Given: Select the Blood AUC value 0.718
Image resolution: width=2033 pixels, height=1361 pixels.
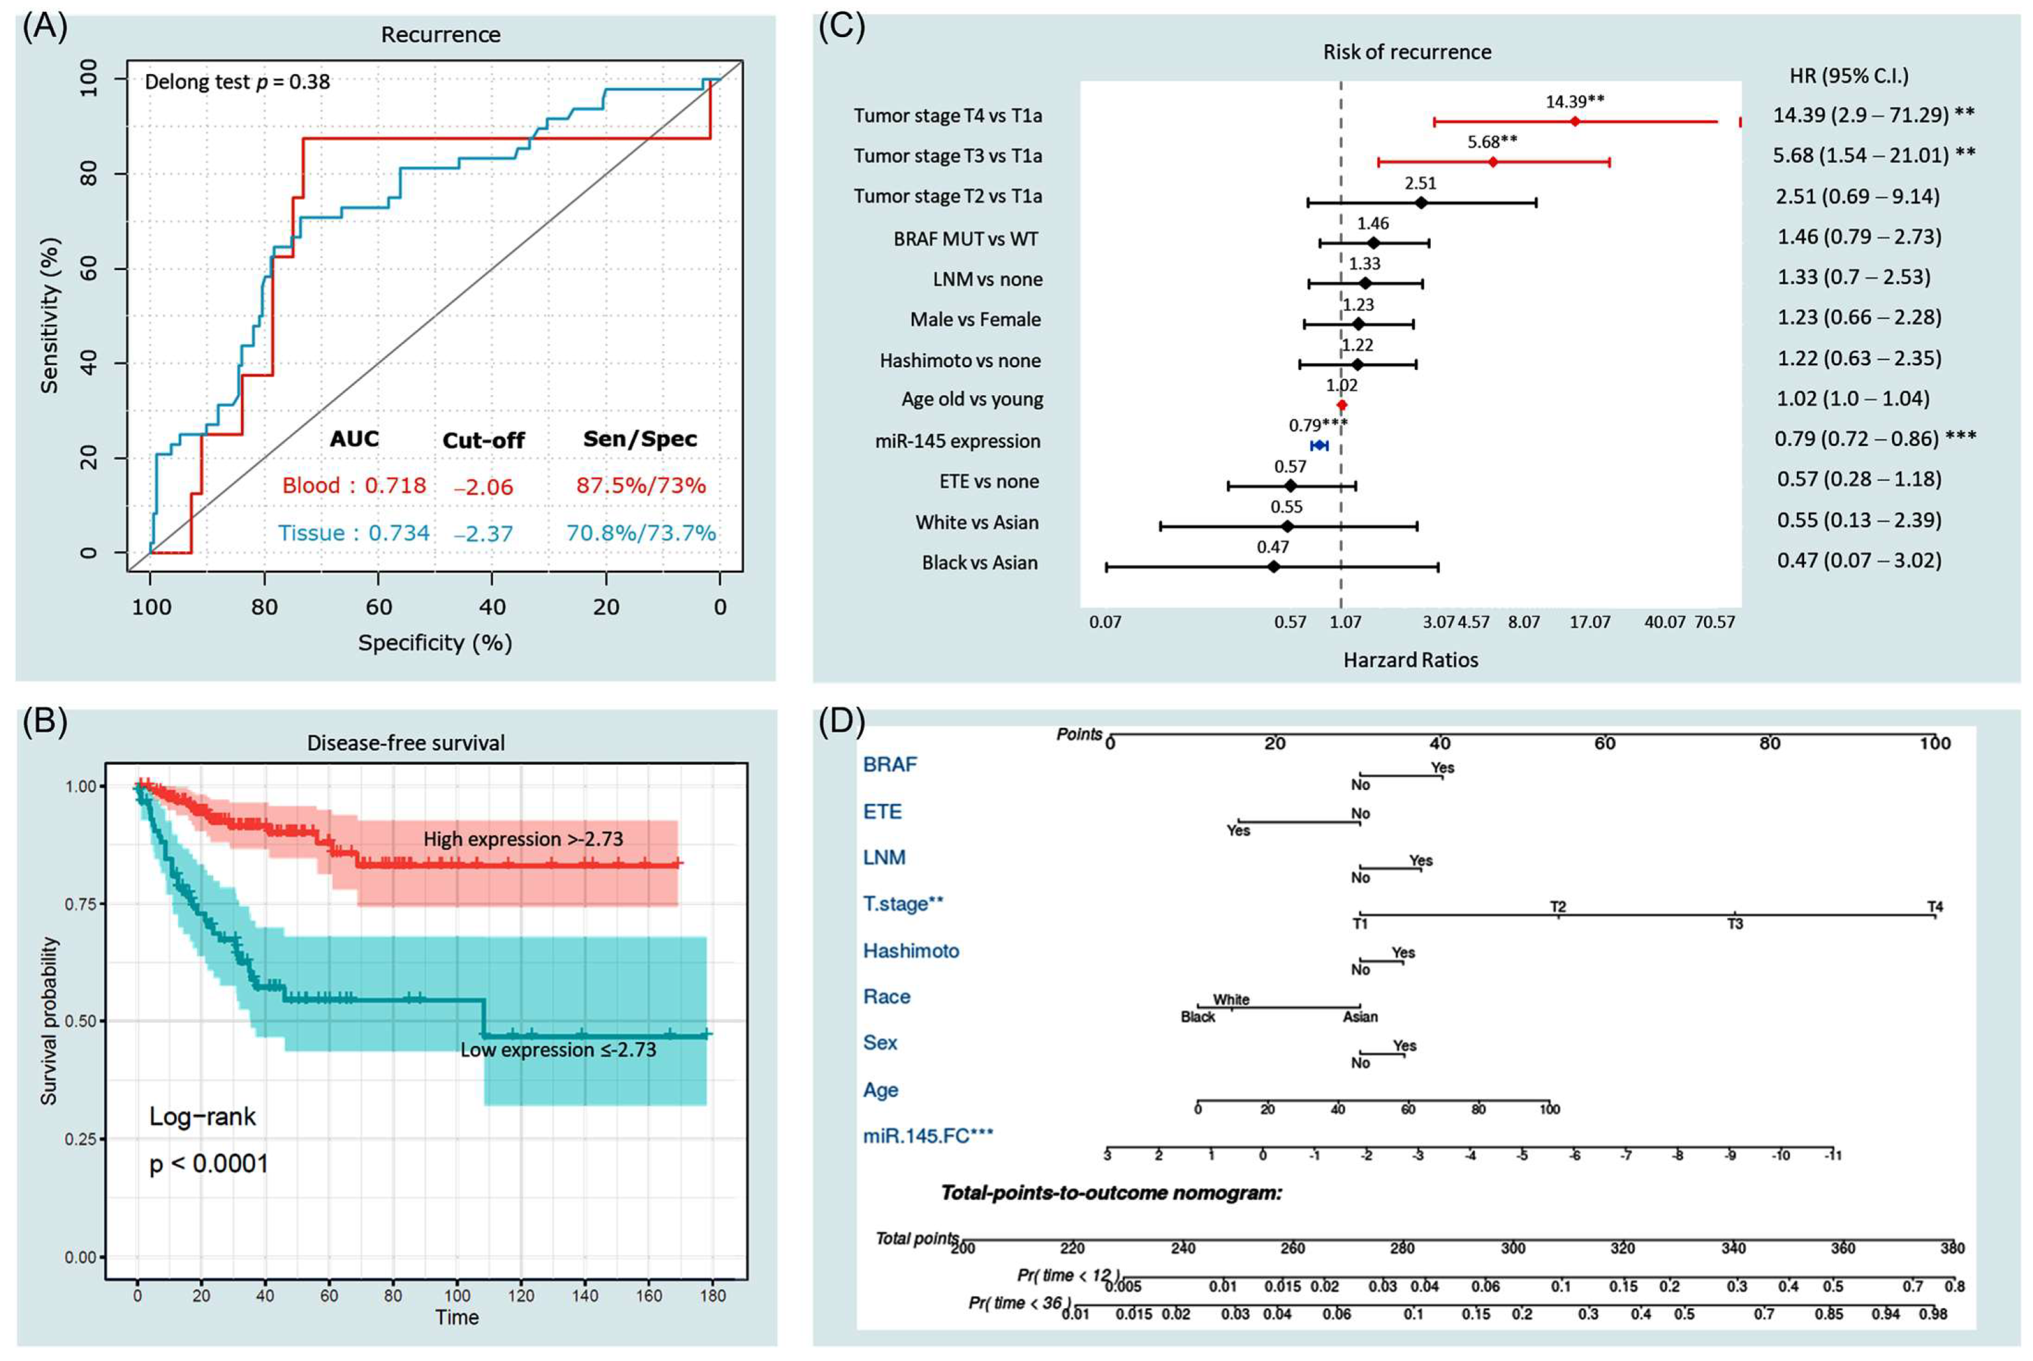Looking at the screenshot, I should point(395,485).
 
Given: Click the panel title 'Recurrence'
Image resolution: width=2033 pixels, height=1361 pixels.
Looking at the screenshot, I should point(440,34).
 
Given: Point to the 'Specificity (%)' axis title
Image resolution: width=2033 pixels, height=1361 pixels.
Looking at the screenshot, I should point(435,642).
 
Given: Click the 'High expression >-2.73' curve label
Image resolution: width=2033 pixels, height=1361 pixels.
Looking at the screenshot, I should point(523,838).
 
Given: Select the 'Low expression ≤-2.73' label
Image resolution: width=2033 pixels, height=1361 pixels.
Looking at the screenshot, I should point(558,1049).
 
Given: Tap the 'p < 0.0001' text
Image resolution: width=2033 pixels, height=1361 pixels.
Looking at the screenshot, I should point(208,1163).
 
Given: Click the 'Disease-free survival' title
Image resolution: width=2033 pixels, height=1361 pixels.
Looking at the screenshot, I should point(406,743).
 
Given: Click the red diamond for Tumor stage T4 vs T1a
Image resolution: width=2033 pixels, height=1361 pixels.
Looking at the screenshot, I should point(1574,122).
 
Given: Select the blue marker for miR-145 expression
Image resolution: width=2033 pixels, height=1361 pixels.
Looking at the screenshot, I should point(1318,445).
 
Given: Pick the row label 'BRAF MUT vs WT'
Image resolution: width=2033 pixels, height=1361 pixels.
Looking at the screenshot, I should point(966,239).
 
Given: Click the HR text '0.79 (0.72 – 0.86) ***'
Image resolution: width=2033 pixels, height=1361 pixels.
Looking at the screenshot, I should point(1875,438).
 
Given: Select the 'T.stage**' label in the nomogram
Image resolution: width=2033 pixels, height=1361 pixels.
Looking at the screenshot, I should point(903,904).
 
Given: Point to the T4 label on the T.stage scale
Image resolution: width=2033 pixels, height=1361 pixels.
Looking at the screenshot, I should point(1935,907).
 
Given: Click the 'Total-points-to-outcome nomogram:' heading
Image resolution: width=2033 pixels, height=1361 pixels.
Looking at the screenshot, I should point(1111,1192).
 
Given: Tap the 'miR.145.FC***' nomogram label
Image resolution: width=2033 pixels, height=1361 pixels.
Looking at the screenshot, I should point(927,1135).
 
